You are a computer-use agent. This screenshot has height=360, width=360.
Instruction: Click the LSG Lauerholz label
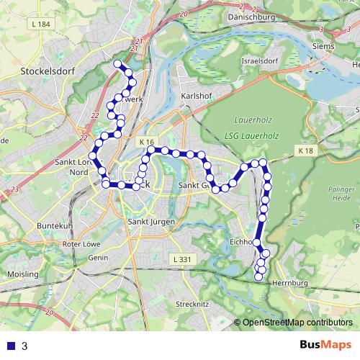point(251,137)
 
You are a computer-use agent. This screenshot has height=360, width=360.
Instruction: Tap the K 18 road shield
point(306,150)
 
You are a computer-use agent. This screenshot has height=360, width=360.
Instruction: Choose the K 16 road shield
point(148,142)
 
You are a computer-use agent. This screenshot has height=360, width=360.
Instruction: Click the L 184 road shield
point(42,24)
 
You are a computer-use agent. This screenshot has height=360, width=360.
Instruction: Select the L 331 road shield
point(181,258)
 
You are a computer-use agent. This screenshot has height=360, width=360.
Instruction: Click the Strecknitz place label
point(192,304)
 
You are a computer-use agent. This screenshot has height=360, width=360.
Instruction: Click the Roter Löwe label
point(81,244)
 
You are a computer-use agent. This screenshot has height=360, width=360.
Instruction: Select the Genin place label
point(98,257)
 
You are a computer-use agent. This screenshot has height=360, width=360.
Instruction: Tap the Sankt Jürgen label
point(150,222)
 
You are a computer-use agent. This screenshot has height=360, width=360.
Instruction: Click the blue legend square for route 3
point(9,346)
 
